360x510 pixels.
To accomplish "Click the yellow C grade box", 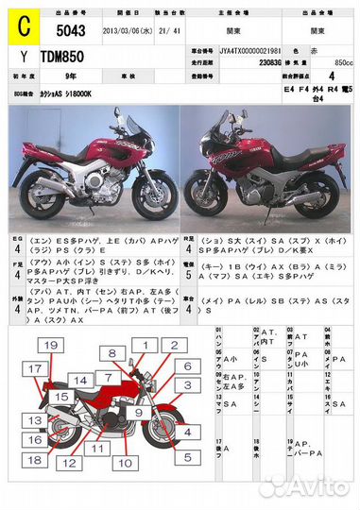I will coord(19,29).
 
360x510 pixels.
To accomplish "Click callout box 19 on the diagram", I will coord(51,346).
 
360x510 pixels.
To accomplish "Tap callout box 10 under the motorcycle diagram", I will coord(123,462).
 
